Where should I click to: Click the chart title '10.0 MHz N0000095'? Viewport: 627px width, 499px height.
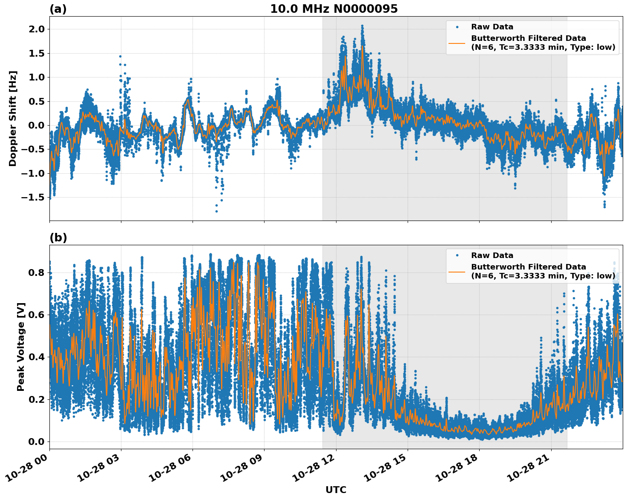(x=334, y=9)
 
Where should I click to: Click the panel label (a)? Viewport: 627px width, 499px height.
(x=58, y=9)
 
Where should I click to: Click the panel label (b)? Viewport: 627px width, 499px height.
(x=58, y=238)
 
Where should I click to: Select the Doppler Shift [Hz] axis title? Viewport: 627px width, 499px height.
(x=13, y=118)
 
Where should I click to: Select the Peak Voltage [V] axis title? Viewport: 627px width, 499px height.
(x=21, y=347)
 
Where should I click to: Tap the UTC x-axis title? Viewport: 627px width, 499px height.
(x=336, y=490)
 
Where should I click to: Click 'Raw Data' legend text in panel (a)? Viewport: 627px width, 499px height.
(x=492, y=27)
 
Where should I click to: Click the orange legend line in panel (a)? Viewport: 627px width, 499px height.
(x=457, y=43)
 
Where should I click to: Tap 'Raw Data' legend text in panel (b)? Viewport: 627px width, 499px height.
(x=492, y=255)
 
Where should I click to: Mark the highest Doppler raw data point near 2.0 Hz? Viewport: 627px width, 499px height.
(x=362, y=26)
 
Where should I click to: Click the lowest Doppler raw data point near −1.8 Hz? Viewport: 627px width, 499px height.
(x=216, y=211)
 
